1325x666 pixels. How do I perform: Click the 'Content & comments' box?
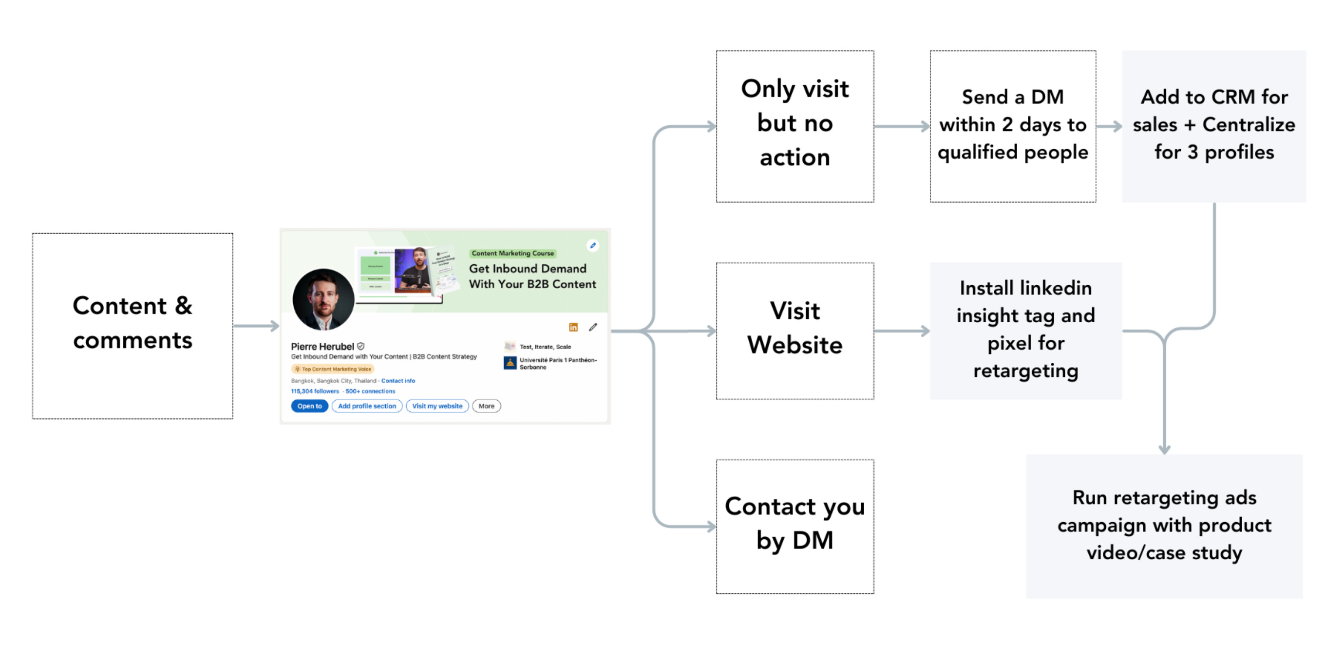[x=132, y=325]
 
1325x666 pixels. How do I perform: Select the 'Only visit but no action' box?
[x=795, y=126]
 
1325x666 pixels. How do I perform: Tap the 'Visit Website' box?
[x=795, y=331]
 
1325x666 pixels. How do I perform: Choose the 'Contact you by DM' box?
[x=795, y=526]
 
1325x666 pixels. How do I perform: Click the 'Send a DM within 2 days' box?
[x=1012, y=126]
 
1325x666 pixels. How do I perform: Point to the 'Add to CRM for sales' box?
[x=1213, y=126]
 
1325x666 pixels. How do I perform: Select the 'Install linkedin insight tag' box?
[x=1025, y=331]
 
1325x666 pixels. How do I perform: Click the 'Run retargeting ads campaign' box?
[x=1164, y=526]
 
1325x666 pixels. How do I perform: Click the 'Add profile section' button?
[x=367, y=406]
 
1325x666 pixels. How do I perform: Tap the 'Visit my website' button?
[x=437, y=406]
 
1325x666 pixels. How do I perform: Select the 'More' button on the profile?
[x=486, y=406]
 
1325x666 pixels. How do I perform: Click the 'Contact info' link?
[x=398, y=381]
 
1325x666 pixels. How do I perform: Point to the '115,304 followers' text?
[x=315, y=391]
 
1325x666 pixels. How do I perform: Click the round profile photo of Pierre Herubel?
[x=323, y=299]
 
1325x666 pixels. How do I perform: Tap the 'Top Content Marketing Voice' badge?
[x=333, y=369]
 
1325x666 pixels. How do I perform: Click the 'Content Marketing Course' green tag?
[x=512, y=253]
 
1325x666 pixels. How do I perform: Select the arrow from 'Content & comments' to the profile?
[x=256, y=326]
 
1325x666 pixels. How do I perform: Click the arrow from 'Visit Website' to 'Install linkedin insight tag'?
[x=902, y=331]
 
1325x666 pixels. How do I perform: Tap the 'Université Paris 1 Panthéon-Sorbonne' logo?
[x=510, y=363]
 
